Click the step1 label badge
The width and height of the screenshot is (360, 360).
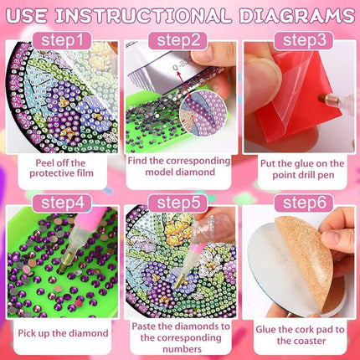click(x=62, y=41)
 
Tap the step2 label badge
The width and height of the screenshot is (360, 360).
click(x=178, y=41)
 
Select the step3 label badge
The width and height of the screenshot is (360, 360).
click(x=304, y=41)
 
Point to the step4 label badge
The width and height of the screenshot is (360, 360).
click(x=62, y=203)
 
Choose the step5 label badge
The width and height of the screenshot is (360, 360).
click(x=178, y=203)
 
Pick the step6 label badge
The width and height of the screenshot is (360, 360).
click(x=304, y=203)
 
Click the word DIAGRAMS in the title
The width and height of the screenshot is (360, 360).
click(x=297, y=16)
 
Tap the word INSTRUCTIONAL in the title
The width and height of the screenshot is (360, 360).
click(x=143, y=16)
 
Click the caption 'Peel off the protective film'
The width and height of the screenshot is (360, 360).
click(x=62, y=168)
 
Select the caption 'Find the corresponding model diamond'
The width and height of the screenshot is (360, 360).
click(x=179, y=167)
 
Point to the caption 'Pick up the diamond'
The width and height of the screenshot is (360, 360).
click(x=63, y=333)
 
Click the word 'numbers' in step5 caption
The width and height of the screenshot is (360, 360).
click(x=182, y=349)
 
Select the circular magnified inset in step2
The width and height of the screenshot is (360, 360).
click(x=203, y=113)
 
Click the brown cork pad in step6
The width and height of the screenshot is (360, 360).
click(x=307, y=260)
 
